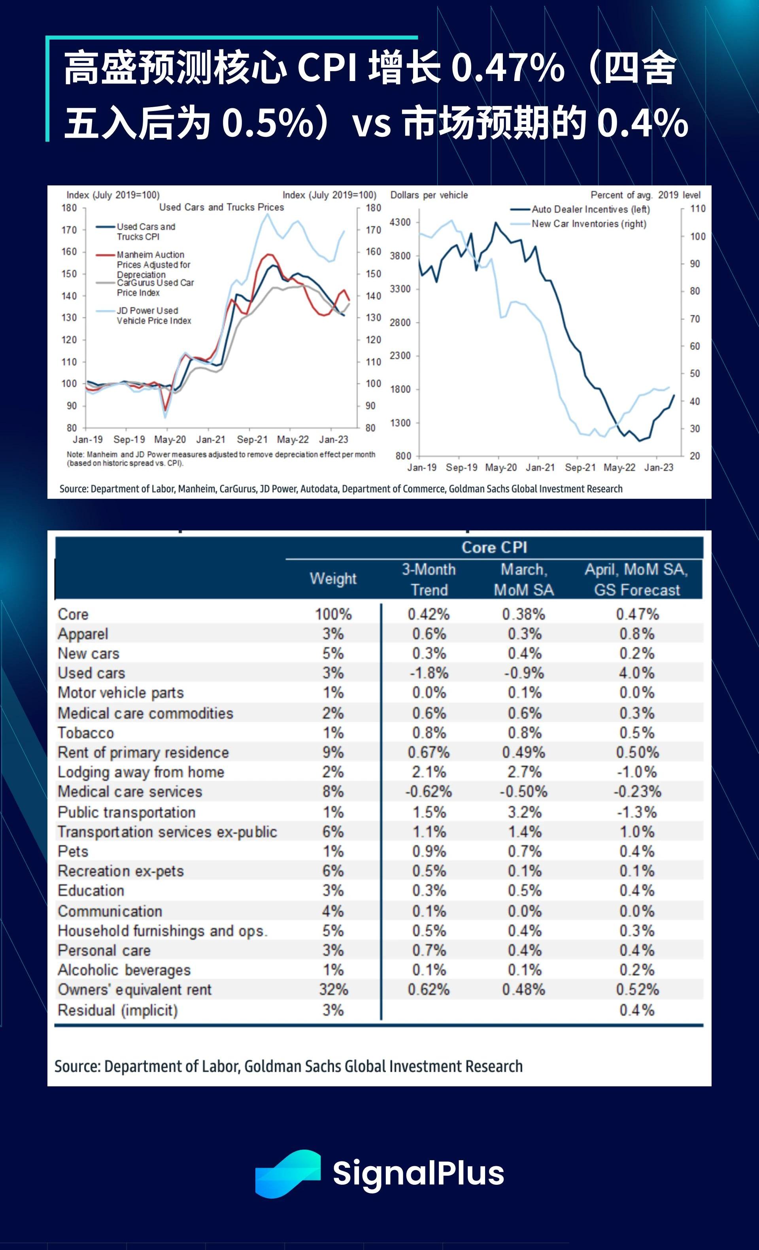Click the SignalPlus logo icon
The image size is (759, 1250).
pyautogui.click(x=288, y=1173)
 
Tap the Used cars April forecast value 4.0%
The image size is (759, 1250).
pyautogui.click(x=637, y=673)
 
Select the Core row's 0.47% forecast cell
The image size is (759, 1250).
pyautogui.click(x=637, y=614)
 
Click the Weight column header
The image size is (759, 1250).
pyautogui.click(x=333, y=579)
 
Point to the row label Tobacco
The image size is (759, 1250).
pyautogui.click(x=86, y=733)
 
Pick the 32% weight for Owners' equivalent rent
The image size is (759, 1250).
pyautogui.click(x=333, y=990)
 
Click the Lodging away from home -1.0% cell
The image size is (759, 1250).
pyautogui.click(x=637, y=772)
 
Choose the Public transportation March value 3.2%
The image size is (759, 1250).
pyautogui.click(x=525, y=812)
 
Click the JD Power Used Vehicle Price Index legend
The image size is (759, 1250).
pyautogui.click(x=154, y=315)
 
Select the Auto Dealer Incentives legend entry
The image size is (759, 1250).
pyautogui.click(x=590, y=209)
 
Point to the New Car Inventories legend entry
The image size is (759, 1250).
pyautogui.click(x=589, y=224)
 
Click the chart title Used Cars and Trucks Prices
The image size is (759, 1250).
pyautogui.click(x=221, y=207)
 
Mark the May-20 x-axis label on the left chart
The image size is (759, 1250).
pyautogui.click(x=170, y=439)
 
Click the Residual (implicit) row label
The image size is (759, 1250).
pyautogui.click(x=118, y=1010)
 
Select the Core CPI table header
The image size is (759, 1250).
pyautogui.click(x=494, y=548)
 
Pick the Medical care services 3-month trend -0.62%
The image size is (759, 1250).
pyautogui.click(x=429, y=792)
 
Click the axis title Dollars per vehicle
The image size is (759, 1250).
pyautogui.click(x=429, y=195)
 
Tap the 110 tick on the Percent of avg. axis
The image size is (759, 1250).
pyautogui.click(x=698, y=208)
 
